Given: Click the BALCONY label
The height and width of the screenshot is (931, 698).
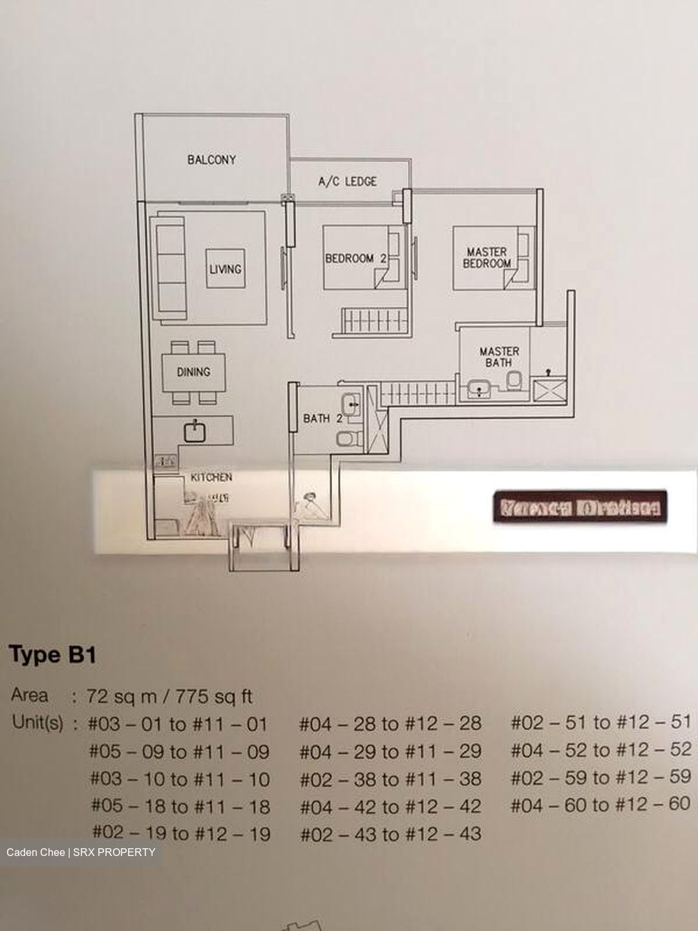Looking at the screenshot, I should (x=211, y=159).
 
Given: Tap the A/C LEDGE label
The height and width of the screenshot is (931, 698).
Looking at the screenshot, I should (x=347, y=182).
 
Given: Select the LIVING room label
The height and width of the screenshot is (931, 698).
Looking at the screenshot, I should (x=225, y=268).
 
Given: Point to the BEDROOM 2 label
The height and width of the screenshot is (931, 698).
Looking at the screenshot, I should (x=355, y=258).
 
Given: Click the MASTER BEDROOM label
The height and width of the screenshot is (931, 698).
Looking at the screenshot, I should (x=487, y=257).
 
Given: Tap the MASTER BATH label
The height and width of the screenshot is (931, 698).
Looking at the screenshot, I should (x=499, y=357).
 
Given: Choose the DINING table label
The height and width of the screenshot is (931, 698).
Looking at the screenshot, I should (x=193, y=372).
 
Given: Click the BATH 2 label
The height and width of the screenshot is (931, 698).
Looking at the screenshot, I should (x=323, y=418).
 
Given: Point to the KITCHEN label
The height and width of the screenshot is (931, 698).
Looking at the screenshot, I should (x=211, y=477).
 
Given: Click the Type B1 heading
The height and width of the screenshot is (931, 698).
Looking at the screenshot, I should (x=52, y=655).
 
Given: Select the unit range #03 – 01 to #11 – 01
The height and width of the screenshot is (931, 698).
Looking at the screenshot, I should (x=178, y=724).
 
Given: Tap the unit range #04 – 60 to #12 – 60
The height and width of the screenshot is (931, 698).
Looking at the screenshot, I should (x=600, y=805).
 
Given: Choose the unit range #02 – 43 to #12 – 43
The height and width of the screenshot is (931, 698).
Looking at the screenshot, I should (x=390, y=834).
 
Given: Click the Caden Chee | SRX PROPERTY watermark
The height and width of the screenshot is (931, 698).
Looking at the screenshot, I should (x=81, y=852).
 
